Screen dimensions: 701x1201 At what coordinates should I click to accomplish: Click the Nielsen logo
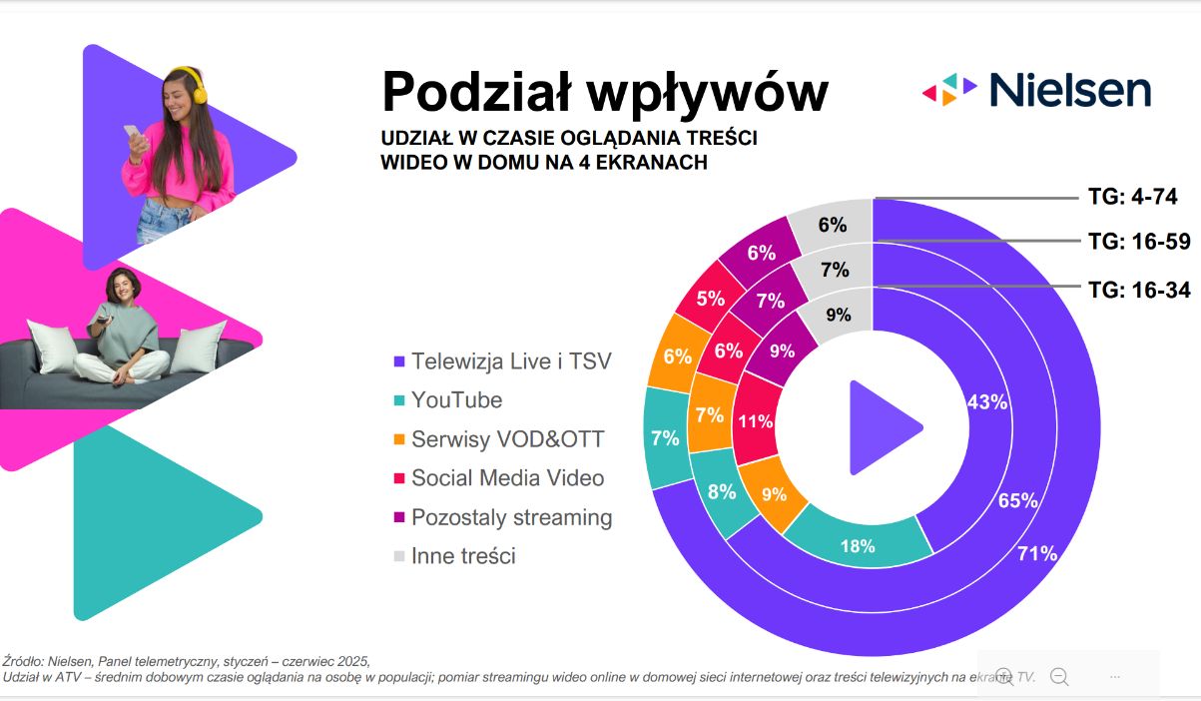point(1035,89)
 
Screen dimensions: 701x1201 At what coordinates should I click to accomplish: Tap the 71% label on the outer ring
point(1036,553)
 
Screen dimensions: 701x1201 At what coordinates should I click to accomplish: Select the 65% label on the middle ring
point(1018,500)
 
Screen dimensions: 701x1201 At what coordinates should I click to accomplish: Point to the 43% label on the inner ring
point(987,401)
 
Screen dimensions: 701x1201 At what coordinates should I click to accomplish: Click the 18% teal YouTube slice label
point(858,545)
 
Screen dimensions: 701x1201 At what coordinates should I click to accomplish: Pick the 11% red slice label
point(755,420)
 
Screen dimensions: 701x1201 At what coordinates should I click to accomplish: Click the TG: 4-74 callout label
point(1133,197)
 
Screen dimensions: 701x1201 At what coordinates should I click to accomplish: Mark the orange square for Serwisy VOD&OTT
point(400,439)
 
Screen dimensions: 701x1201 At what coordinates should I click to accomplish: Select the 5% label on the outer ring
point(711,298)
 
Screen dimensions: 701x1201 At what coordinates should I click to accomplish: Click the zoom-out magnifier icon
point(1059,677)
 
